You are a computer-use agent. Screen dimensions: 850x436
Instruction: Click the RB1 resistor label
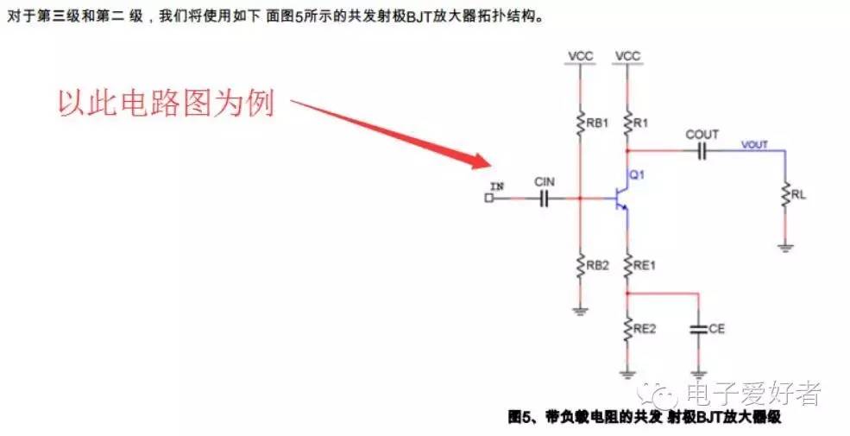(x=597, y=123)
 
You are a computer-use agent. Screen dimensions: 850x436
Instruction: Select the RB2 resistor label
(x=597, y=265)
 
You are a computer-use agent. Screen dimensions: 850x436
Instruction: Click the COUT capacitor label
(x=702, y=135)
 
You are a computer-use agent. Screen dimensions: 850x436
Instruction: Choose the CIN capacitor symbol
(x=545, y=199)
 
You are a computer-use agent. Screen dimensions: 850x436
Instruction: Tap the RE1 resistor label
(x=644, y=265)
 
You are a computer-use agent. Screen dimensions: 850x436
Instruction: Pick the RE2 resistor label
(x=644, y=328)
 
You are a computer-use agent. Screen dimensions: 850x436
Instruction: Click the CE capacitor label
(x=716, y=329)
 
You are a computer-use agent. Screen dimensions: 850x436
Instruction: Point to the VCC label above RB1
(x=580, y=56)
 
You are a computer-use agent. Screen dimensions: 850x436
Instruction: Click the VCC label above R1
(x=627, y=56)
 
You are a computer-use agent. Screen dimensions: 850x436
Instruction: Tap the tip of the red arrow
(x=488, y=165)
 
